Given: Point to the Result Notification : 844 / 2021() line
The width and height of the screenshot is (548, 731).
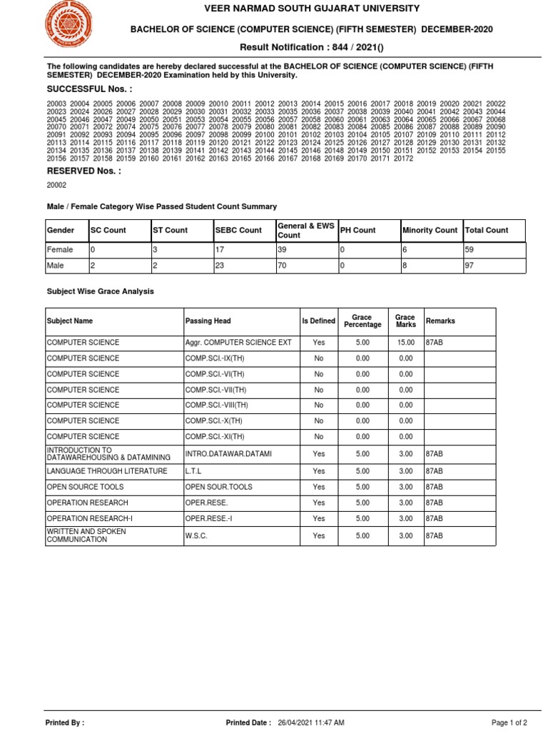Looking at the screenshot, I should pyautogui.click(x=310, y=46).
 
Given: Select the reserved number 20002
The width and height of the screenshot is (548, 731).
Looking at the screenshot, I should pyautogui.click(x=56, y=185).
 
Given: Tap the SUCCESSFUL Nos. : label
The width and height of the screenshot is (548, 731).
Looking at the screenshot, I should pyautogui.click(x=89, y=89).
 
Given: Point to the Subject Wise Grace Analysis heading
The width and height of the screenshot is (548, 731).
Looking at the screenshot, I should pyautogui.click(x=100, y=291).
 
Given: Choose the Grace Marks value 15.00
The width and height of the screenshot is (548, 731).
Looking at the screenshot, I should pyautogui.click(x=405, y=343).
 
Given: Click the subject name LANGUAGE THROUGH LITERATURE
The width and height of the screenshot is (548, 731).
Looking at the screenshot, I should pyautogui.click(x=107, y=471).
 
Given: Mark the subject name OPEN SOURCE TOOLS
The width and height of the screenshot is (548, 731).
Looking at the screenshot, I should pyautogui.click(x=85, y=487).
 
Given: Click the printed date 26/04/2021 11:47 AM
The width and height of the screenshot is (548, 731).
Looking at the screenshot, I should pyautogui.click(x=311, y=722).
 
